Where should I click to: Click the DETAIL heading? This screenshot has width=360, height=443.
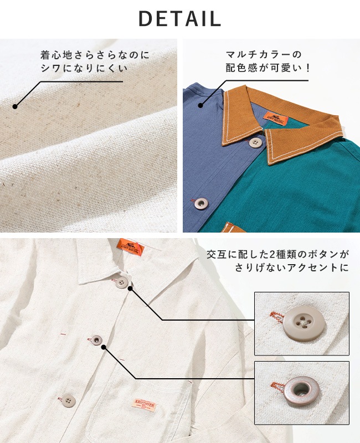click(x=179, y=18)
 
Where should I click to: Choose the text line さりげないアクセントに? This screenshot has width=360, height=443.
click(x=291, y=268)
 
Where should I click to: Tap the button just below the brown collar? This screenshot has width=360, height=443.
click(x=255, y=143)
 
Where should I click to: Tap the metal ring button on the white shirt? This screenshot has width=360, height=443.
click(x=97, y=339)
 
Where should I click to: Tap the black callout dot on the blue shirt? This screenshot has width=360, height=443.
click(x=200, y=106)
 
